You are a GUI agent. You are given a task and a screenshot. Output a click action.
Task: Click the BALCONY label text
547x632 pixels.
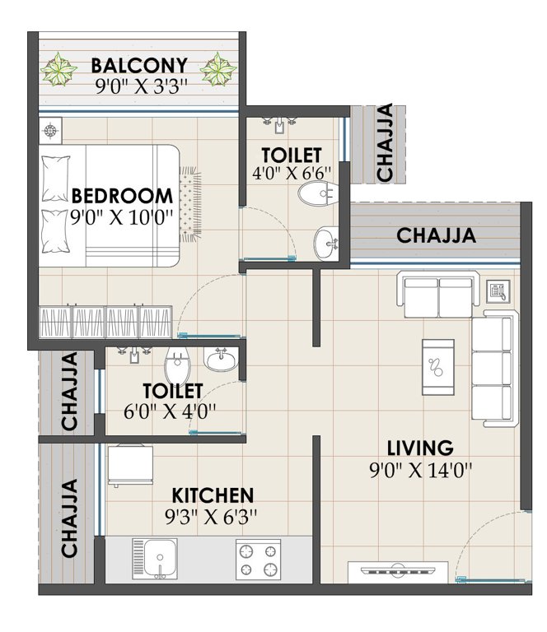point(139,64)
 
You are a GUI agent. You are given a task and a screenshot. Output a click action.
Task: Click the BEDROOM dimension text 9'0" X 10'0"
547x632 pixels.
point(122,217)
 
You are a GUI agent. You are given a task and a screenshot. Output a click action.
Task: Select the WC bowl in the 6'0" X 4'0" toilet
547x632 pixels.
point(177,361)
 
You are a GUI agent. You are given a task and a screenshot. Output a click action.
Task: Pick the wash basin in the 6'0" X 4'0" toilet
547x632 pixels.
point(220,360)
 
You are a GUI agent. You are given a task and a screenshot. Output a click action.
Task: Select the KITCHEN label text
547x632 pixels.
point(212,495)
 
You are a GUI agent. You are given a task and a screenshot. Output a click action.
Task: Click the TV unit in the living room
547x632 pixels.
point(398,571)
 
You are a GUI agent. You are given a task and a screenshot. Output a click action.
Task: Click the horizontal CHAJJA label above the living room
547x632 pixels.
point(436,235)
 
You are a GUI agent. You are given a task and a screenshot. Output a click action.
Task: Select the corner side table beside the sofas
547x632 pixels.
point(497,289)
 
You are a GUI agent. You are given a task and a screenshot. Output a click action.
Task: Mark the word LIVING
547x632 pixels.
point(421,448)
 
